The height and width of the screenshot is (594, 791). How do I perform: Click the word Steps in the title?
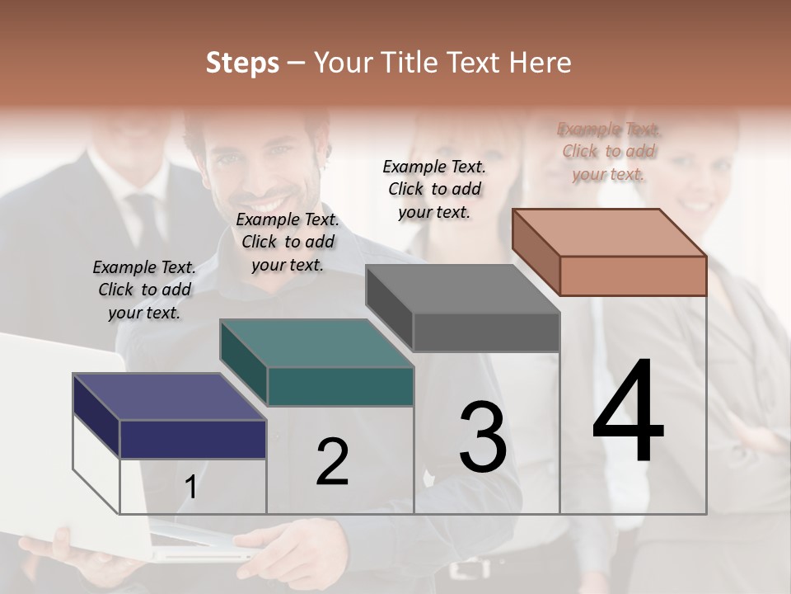click(241, 63)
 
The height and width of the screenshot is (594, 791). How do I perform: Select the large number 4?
click(628, 412)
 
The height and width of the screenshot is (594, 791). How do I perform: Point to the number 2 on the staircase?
click(332, 462)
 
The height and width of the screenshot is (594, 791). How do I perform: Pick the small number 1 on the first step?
click(190, 488)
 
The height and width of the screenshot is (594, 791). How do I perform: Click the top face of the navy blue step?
click(169, 397)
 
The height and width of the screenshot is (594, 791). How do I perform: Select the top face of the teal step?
click(316, 343)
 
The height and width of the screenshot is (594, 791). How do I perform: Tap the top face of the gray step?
click(462, 289)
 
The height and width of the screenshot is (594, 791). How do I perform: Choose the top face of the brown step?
click(609, 233)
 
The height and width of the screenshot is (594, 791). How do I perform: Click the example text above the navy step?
click(144, 290)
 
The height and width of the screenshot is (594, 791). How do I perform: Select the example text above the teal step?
click(288, 242)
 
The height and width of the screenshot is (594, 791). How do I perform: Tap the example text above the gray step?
click(434, 189)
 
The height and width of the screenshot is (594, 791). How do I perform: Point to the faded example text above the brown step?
click(609, 151)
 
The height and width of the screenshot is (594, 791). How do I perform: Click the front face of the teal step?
click(340, 387)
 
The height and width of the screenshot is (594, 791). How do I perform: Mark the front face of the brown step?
click(633, 276)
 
